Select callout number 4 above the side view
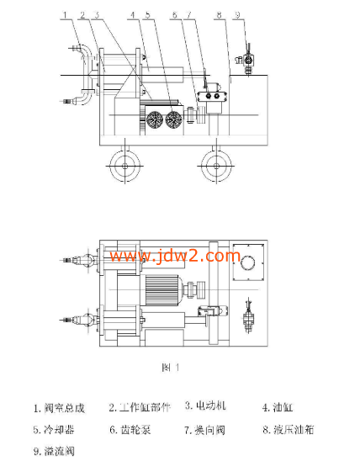133,15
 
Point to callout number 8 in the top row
218,15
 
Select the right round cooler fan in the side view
175,119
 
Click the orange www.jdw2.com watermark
168,254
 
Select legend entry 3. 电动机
206,406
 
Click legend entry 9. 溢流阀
55,451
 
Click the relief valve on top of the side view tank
247,61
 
